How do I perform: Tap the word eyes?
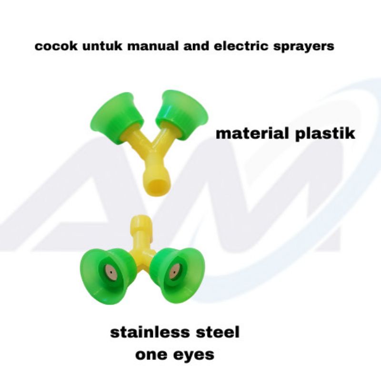click(194, 355)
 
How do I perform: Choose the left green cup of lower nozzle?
click(106, 276)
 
